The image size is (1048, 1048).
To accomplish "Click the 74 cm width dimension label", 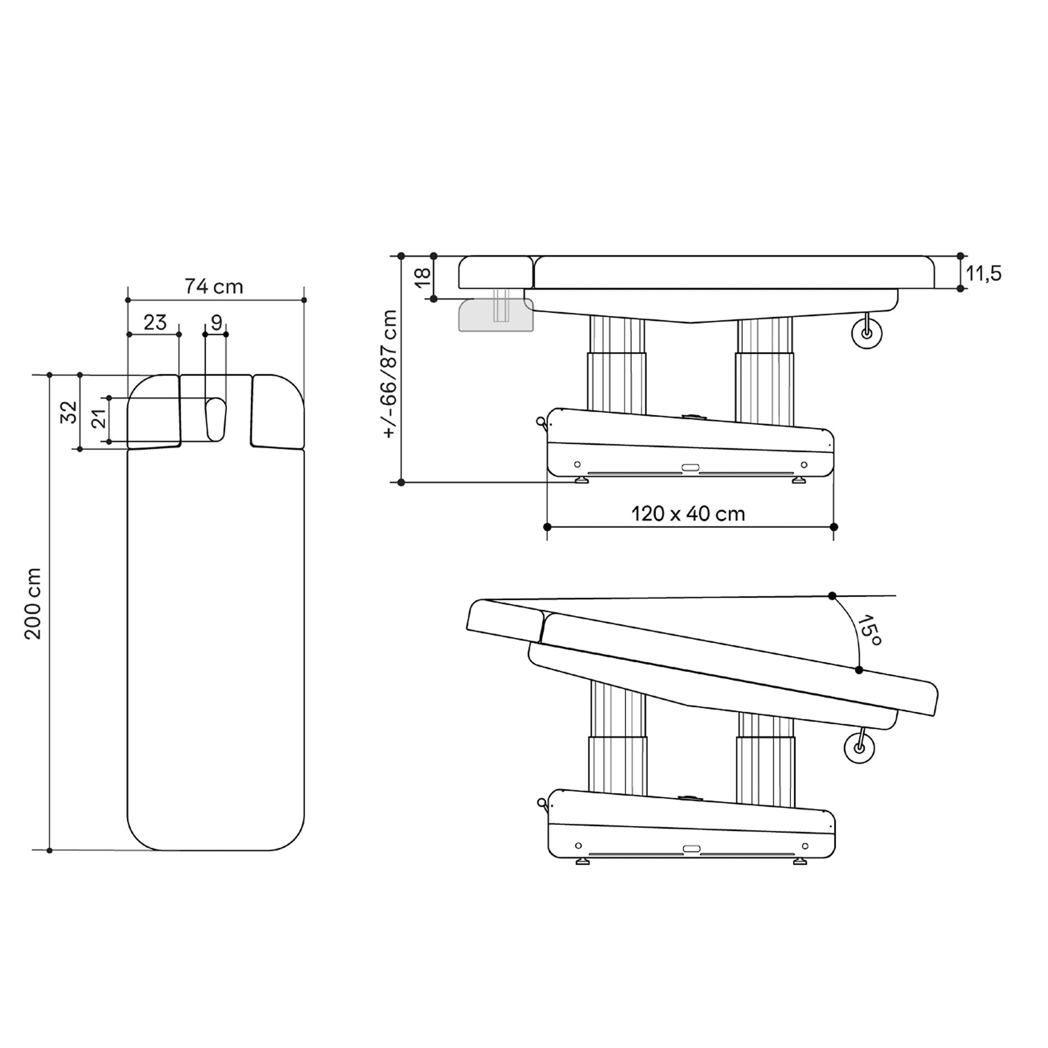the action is [213, 286].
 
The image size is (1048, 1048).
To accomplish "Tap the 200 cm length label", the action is [33, 603].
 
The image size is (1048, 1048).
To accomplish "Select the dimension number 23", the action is [155, 323].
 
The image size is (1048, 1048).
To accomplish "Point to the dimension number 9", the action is [217, 323].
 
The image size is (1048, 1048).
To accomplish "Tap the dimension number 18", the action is [423, 277].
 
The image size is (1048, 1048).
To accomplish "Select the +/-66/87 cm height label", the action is [390, 374].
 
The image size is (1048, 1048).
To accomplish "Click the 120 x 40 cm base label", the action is [688, 514].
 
